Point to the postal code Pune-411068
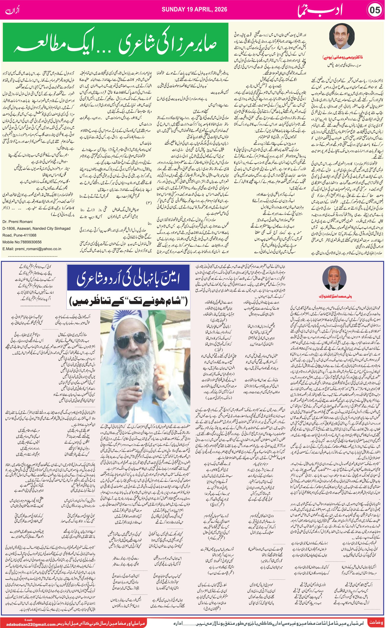pyautogui.click(x=25, y=235)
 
